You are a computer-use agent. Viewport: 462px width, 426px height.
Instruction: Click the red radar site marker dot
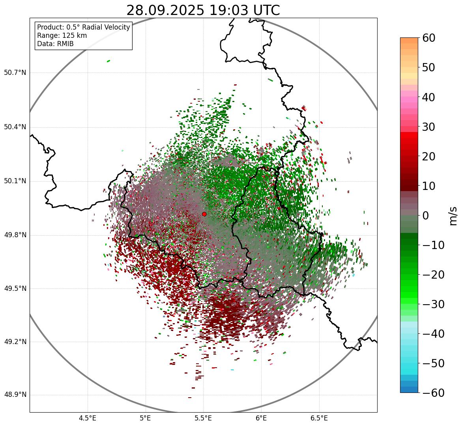[204, 214]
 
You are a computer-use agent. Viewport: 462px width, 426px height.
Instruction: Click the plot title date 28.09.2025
[165, 10]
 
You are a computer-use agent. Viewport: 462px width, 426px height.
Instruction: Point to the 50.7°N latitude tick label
[15, 73]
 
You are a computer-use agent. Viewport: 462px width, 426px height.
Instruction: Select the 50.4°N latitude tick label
[15, 127]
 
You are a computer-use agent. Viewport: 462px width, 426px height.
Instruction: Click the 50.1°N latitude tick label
[15, 181]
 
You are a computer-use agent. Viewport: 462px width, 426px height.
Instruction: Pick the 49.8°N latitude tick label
[15, 235]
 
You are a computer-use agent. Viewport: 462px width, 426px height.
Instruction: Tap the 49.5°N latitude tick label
[15, 288]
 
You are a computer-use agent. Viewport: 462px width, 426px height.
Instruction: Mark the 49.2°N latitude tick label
[15, 342]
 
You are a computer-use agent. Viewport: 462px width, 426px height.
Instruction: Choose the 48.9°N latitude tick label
[15, 395]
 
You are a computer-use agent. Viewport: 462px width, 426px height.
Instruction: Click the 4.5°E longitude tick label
[88, 418]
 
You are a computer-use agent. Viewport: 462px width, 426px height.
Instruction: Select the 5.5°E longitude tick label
[203, 418]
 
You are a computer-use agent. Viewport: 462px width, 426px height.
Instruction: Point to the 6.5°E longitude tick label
[319, 418]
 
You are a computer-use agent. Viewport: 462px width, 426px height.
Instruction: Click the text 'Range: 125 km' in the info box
[62, 35]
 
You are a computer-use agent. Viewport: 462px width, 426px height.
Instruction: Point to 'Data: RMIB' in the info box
[55, 44]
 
